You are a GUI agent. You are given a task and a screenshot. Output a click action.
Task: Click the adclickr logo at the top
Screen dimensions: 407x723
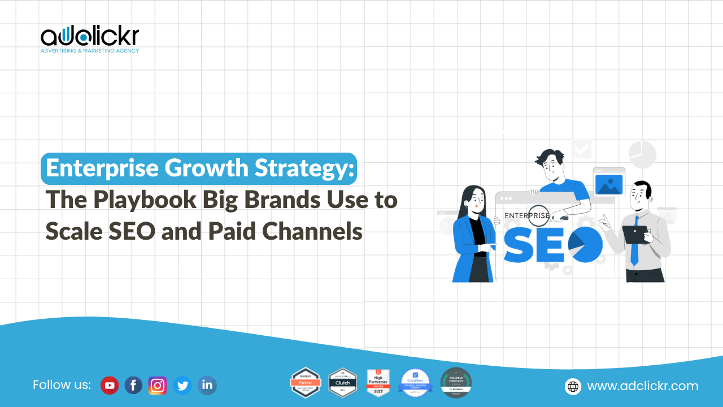tap(89, 38)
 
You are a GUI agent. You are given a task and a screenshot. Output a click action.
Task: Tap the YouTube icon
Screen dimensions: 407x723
tap(109, 386)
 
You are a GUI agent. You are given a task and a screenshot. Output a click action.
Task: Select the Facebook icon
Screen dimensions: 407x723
tap(133, 386)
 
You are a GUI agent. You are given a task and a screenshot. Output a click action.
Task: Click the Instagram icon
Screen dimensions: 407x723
tap(158, 386)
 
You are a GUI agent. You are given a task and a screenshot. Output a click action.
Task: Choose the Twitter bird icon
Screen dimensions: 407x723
tap(182, 386)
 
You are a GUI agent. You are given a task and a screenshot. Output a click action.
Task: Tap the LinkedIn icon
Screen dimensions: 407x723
tap(207, 386)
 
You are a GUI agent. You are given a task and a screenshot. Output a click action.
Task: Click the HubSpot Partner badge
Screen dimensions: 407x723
tap(306, 383)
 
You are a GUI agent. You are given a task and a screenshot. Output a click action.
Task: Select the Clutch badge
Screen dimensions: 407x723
tap(343, 383)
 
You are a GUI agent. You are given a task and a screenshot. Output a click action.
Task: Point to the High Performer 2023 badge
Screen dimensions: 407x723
tap(378, 383)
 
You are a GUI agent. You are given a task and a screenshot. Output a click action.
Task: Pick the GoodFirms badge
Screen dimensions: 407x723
tap(415, 383)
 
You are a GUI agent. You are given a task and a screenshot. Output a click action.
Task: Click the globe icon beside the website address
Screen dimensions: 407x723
tap(573, 386)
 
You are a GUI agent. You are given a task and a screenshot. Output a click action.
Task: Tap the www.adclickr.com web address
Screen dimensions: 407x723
tap(643, 386)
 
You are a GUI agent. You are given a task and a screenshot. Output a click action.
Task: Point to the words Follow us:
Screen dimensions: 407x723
tap(62, 385)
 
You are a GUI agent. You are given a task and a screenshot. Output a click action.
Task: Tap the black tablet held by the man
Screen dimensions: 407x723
tap(634, 235)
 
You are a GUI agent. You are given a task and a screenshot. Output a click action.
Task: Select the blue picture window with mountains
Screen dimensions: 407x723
tap(608, 185)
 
